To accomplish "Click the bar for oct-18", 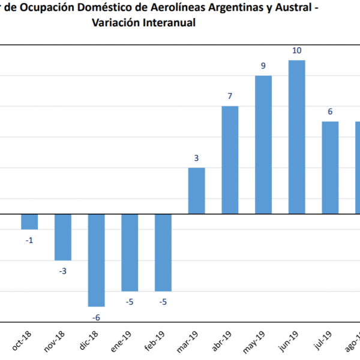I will [x=29, y=221].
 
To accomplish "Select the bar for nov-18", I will [x=63, y=237].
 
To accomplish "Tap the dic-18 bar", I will [x=97, y=260].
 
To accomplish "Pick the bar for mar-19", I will [x=197, y=190].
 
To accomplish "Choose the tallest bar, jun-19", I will [x=297, y=137].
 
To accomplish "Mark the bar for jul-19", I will [x=331, y=167].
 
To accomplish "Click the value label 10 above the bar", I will [x=297, y=50].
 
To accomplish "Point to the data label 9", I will [x=263, y=65].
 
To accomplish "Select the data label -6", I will [x=97, y=317].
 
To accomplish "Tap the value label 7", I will [x=230, y=96].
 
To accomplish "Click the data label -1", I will [x=29, y=240].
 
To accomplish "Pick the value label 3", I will [x=197, y=158].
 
